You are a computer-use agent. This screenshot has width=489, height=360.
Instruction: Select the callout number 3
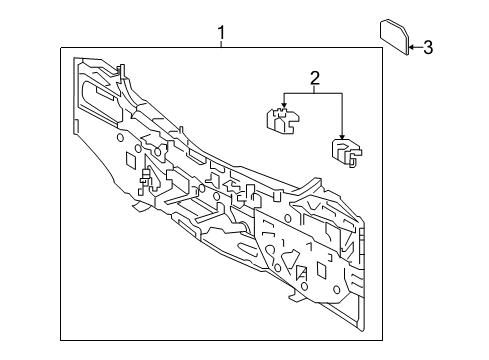pos(428,46)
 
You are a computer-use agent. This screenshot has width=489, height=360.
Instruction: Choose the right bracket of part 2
pos(345,153)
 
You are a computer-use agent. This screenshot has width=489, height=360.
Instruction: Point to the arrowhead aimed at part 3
pos(411,46)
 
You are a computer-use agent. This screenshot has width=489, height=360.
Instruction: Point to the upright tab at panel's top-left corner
pos(120,71)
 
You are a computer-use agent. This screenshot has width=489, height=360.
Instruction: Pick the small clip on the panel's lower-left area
pos(146,181)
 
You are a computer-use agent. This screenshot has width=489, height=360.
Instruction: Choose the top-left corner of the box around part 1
pos(60,47)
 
